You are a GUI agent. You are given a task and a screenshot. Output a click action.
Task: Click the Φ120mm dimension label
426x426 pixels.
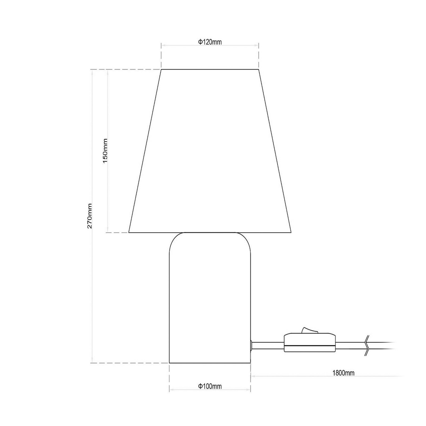[210, 42]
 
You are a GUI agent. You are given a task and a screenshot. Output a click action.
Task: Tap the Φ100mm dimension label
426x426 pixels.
[210, 386]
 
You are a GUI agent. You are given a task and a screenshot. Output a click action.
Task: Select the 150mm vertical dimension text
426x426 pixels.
[105, 151]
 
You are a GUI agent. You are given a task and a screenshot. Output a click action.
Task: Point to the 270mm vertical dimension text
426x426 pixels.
[90, 216]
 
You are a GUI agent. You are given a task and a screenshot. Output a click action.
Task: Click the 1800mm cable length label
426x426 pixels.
[343, 373]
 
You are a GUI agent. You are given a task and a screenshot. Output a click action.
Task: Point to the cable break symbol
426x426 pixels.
[367, 345]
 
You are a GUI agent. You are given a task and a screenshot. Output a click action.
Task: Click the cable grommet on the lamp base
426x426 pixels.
[251, 345]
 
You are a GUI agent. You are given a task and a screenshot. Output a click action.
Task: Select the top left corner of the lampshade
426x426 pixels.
[161, 69]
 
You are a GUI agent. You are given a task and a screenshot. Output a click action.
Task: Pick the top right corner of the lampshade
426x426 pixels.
[259, 69]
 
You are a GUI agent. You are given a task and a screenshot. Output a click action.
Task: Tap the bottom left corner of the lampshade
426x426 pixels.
[129, 232]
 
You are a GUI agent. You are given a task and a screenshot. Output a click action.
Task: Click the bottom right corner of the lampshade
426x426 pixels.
[291, 232]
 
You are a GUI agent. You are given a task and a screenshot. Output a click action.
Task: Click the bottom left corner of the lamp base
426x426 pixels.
[170, 363]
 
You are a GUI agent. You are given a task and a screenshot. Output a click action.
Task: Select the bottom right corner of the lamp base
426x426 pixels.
[250, 363]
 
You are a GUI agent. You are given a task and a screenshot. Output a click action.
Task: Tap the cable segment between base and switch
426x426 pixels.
[268, 346]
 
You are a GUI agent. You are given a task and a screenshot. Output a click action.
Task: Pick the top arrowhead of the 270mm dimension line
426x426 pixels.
[92, 72]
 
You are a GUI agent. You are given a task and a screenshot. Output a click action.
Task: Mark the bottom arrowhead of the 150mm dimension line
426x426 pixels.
[108, 231]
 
